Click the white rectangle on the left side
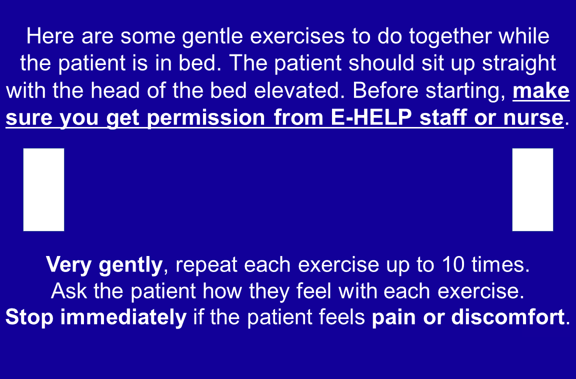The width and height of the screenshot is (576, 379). click(43, 189)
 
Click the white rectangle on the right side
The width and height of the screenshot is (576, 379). click(532, 189)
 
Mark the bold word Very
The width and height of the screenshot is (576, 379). click(69, 264)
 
